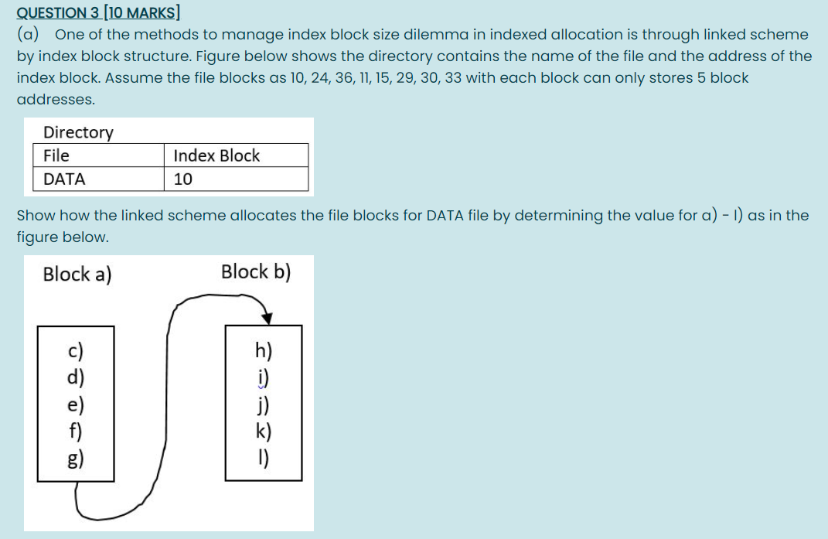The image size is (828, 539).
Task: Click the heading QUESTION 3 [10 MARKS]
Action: pos(98,13)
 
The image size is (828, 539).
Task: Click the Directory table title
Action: pos(78,132)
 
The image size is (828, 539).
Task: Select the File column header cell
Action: pos(56,155)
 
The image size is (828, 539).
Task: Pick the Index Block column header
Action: pos(216,155)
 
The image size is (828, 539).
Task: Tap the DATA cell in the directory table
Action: pos(64,179)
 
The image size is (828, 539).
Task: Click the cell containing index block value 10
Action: pos(183,179)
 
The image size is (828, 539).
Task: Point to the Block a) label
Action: pos(77,275)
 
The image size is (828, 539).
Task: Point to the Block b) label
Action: pos(256,272)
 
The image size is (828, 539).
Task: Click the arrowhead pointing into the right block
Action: pos(267,316)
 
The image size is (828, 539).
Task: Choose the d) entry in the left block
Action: pos(76,378)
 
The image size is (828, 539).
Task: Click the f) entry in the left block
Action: pos(76,431)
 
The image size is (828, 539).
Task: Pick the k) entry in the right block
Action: pos(264,432)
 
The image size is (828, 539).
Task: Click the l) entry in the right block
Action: pos(264,458)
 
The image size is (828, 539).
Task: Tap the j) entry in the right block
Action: pos(264,405)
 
